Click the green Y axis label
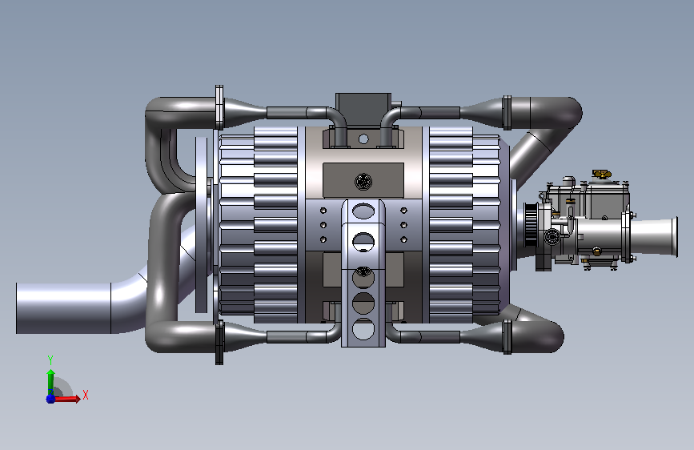click(50, 360)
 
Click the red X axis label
click(86, 395)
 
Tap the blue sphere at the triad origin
click(50, 399)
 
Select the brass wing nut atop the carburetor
click(602, 174)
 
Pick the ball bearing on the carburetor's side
click(552, 236)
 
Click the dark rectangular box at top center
click(363, 110)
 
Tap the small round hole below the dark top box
click(363, 139)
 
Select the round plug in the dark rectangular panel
click(363, 181)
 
